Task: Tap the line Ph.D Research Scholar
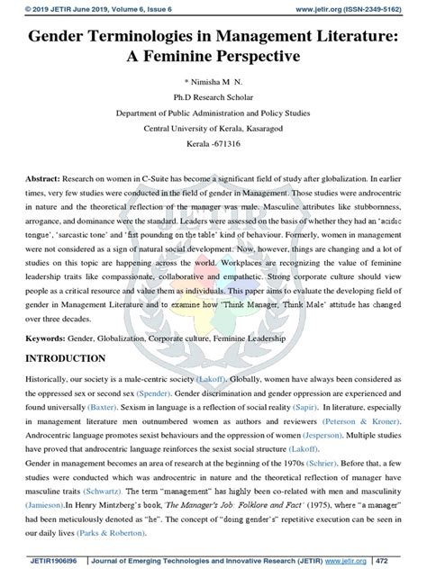(x=213, y=97)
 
